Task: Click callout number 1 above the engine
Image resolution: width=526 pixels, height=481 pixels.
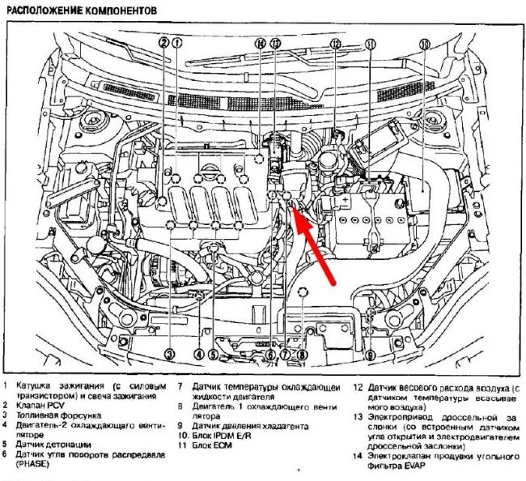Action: pos(176,43)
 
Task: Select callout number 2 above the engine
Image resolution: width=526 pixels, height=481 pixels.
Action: pos(164,43)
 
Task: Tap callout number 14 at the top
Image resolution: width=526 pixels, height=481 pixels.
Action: pos(260,43)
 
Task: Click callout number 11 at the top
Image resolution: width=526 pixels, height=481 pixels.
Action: pos(371,43)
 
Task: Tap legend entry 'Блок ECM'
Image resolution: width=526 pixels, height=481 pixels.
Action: pos(213,445)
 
